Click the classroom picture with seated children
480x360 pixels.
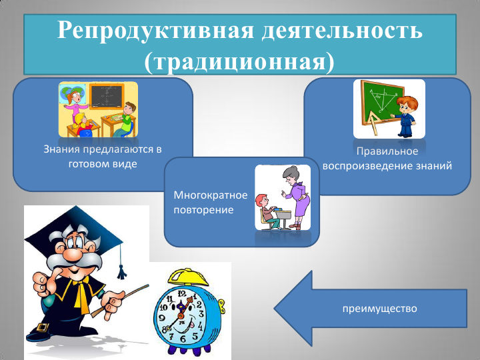coord(98,109)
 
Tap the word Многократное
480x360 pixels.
coord(210,196)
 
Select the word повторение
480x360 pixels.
coord(203,210)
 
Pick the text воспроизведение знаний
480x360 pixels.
coord(387,165)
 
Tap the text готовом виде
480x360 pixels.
coord(103,163)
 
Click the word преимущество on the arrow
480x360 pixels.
coord(379,309)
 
